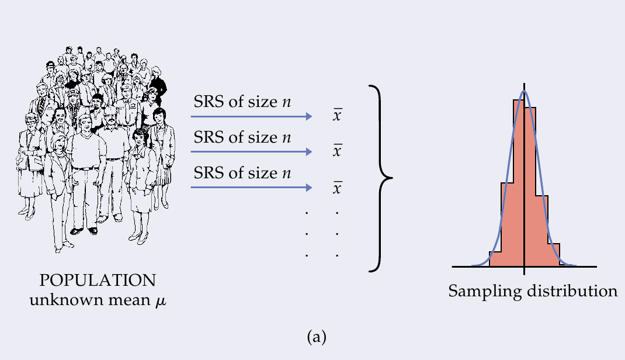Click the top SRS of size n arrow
(x=251, y=117)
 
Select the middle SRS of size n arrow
(x=251, y=152)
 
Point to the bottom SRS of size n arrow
(x=251, y=188)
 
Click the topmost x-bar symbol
(x=337, y=115)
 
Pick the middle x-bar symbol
(x=337, y=151)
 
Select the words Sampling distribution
(x=532, y=290)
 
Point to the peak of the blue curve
(x=525, y=91)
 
